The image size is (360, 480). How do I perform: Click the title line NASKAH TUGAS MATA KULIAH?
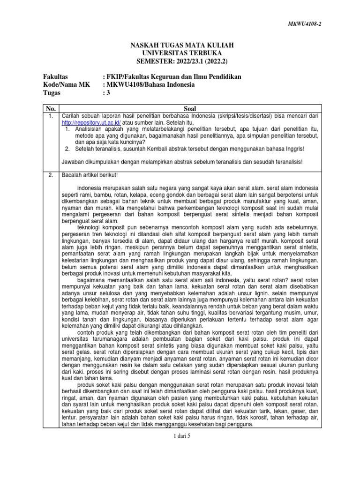(181, 45)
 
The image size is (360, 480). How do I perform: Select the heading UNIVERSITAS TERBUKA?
(181, 53)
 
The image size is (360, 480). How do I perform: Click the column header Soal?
(190, 108)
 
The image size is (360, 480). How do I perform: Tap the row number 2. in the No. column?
(48, 175)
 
